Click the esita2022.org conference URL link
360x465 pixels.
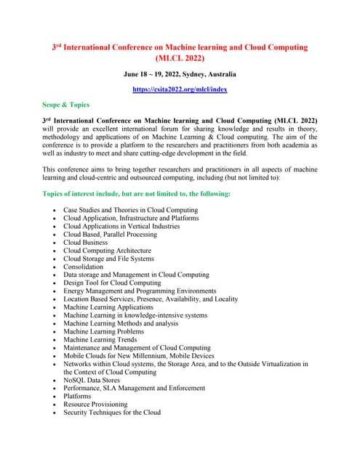[180, 89]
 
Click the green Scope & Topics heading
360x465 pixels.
[65, 105]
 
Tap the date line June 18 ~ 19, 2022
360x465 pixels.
[180, 74]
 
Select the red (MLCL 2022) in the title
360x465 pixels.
[180, 57]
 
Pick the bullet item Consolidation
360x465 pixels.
[83, 267]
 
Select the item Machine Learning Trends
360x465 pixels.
[100, 339]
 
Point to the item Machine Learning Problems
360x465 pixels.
[104, 331]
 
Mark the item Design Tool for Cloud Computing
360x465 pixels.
[112, 283]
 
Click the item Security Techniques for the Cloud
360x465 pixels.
[112, 412]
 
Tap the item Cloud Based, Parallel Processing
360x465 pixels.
[110, 234]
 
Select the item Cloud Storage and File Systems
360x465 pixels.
[108, 259]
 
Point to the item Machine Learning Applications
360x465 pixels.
[108, 307]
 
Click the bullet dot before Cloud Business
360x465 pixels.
[55, 243]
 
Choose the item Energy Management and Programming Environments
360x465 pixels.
[140, 291]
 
